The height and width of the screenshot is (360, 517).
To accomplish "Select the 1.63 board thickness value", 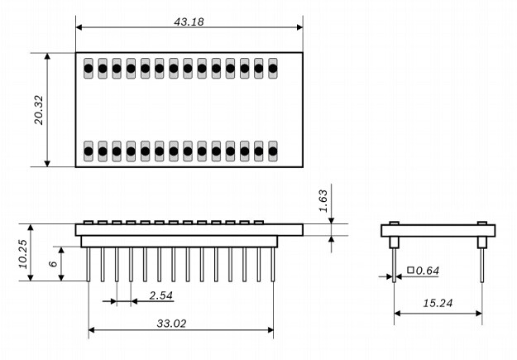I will [323, 202].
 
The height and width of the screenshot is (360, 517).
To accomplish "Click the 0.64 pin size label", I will [428, 271].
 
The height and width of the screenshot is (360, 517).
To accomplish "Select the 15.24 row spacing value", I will [438, 304].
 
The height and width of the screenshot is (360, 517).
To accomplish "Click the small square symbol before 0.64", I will [409, 270].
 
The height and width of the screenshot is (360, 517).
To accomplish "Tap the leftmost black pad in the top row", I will [89, 67].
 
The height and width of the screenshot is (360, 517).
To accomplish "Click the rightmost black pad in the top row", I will [272, 67].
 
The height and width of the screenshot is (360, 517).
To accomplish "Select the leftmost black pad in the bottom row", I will [89, 151].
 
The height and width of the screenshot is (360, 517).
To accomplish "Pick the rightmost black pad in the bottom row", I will [272, 151].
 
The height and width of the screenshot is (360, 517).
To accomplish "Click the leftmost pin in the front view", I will [89, 265].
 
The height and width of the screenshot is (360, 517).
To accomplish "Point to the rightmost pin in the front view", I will [272, 265].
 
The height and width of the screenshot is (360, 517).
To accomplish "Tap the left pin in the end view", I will [394, 261].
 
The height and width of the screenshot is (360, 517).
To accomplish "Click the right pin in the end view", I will [482, 261].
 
